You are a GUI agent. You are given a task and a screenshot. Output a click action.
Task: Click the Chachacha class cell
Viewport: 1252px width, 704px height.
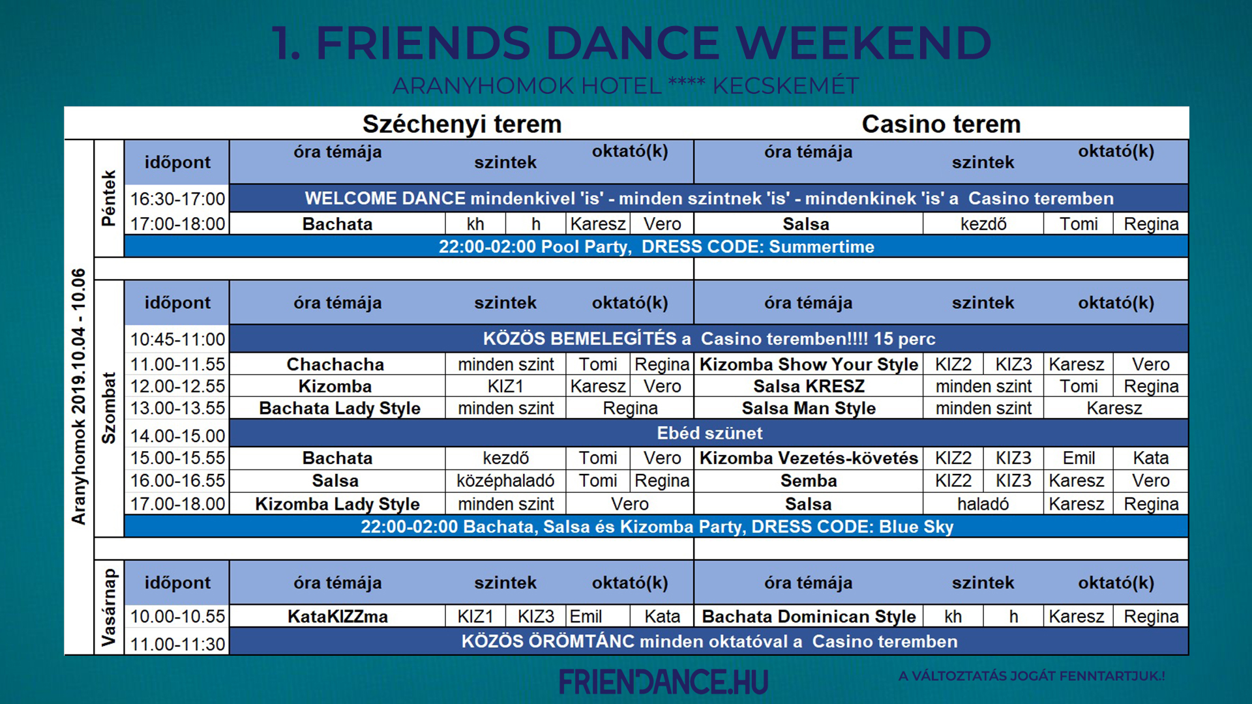tap(335, 364)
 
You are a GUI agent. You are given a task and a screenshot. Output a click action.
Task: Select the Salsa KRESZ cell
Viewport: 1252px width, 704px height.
tap(809, 387)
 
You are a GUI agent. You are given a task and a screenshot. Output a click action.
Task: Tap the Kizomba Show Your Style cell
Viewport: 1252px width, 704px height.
tap(809, 364)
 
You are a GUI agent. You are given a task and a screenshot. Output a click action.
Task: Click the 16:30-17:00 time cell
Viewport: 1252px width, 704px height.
tap(177, 199)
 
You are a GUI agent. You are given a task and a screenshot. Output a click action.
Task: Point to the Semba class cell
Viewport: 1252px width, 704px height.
tap(809, 481)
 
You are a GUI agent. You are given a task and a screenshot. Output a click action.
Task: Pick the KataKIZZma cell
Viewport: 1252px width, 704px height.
tap(338, 617)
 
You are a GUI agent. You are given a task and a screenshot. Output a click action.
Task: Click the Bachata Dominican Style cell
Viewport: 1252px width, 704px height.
tap(809, 617)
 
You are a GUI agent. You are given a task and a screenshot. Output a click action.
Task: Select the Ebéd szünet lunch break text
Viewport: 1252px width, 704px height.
tap(709, 433)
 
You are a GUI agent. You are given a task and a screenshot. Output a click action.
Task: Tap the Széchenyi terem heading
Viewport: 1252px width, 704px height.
tap(462, 124)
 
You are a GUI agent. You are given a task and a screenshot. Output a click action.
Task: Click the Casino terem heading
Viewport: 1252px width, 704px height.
tap(941, 124)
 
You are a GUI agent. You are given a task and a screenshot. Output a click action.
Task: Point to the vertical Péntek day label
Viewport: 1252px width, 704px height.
tap(109, 198)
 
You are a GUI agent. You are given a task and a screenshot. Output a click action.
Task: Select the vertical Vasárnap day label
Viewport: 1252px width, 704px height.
tap(109, 608)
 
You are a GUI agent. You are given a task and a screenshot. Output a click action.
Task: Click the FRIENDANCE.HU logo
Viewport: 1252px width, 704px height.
tap(663, 682)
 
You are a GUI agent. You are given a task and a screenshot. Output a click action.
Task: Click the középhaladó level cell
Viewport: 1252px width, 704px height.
tap(505, 481)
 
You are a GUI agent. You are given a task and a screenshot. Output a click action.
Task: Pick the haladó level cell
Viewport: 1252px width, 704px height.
tap(983, 505)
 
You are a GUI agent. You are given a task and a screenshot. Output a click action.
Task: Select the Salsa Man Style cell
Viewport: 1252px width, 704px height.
tap(809, 409)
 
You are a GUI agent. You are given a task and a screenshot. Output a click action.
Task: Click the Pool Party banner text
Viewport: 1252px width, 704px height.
tap(656, 247)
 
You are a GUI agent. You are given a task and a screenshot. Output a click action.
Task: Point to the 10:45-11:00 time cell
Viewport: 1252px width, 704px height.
tap(177, 340)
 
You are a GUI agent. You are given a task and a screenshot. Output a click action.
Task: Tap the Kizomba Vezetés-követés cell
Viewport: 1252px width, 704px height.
tap(809, 458)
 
